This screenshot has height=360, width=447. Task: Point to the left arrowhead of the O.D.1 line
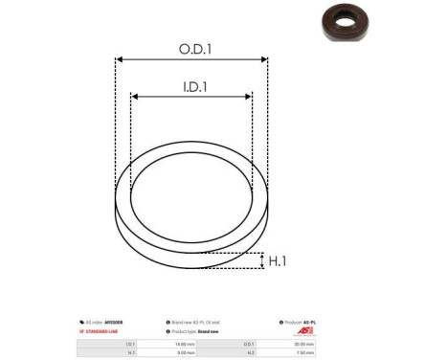[x=119, y=59]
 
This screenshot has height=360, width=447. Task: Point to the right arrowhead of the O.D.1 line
[x=265, y=59]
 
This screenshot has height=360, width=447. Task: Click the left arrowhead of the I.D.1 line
[x=135, y=97]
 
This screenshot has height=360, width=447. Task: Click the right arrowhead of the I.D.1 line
[x=249, y=97]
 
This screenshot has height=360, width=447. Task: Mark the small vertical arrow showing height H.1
[x=261, y=260]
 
